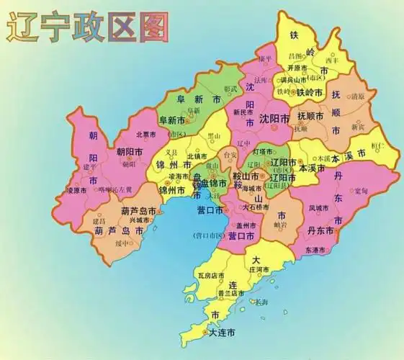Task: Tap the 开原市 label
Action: click(x=298, y=68)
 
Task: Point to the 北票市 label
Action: click(x=147, y=134)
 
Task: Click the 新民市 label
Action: click(x=243, y=112)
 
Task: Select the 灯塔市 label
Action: click(x=264, y=151)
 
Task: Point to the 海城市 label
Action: click(x=253, y=189)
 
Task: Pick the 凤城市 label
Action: click(x=319, y=208)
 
